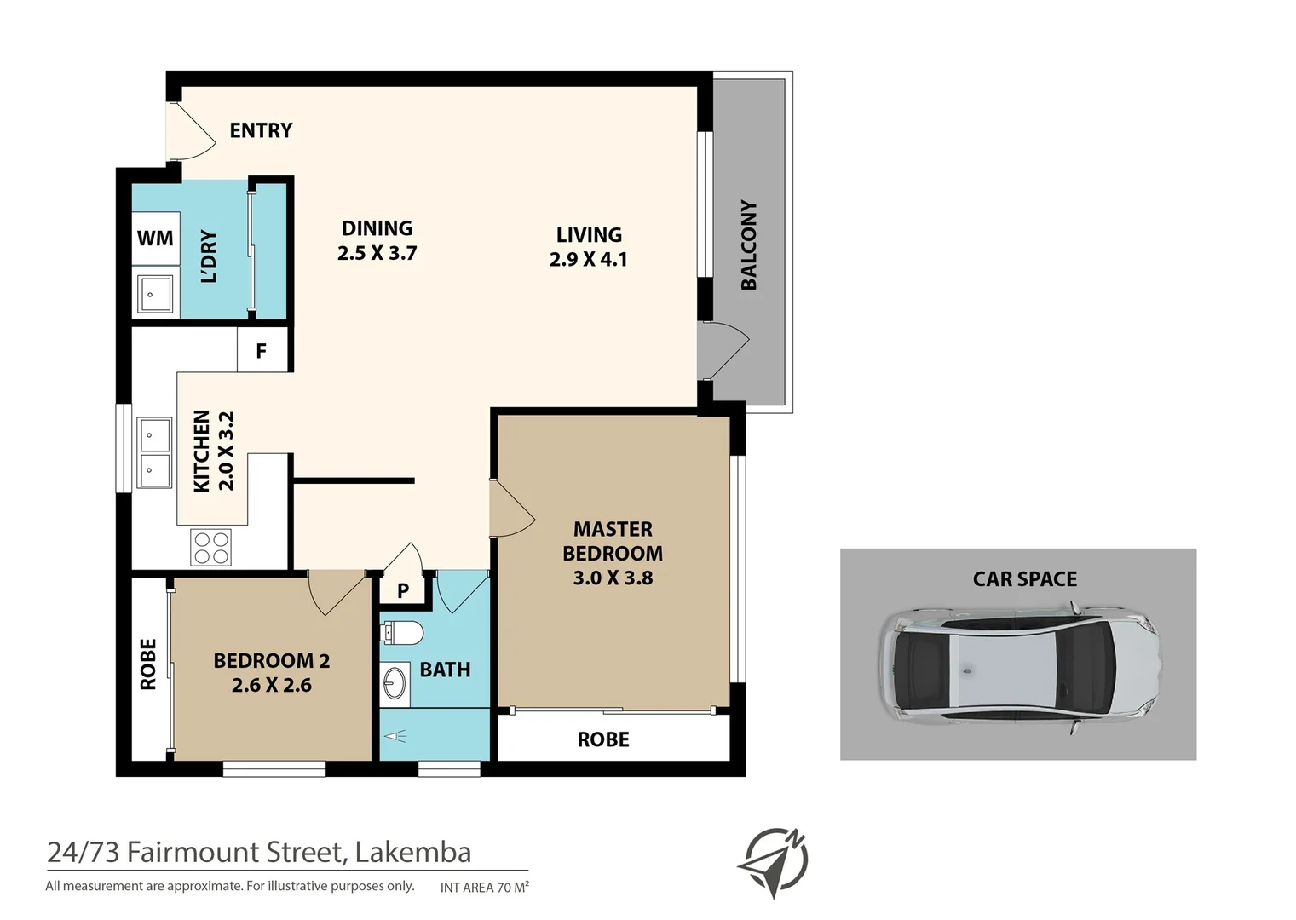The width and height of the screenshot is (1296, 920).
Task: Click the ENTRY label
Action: (x=261, y=130)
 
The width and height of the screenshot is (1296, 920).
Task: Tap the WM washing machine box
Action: (x=155, y=239)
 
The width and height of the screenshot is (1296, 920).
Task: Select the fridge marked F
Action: (x=262, y=351)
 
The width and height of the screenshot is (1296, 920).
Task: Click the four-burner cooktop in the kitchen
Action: (x=211, y=548)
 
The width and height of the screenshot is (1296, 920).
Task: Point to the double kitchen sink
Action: (x=154, y=453)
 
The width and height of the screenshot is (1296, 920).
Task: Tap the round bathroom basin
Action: (x=395, y=683)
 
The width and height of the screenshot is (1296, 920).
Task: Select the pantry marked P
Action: (x=403, y=590)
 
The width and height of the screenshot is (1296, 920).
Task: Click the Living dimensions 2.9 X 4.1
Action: (x=588, y=259)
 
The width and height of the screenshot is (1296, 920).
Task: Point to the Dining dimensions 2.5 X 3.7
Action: (x=377, y=253)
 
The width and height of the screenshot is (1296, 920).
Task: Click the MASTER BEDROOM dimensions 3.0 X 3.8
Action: (x=612, y=578)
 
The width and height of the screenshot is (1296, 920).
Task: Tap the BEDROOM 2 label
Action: (x=271, y=660)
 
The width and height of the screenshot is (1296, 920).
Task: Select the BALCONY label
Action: (x=749, y=245)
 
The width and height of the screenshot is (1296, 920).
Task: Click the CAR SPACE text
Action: (x=1024, y=579)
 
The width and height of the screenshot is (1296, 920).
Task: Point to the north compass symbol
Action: (x=773, y=861)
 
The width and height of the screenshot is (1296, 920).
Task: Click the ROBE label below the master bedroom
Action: (x=603, y=739)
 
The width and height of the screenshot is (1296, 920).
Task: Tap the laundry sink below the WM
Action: (x=155, y=295)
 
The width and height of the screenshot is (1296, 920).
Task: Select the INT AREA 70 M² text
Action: (x=484, y=888)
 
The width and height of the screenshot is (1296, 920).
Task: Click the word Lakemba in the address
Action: (x=412, y=852)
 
